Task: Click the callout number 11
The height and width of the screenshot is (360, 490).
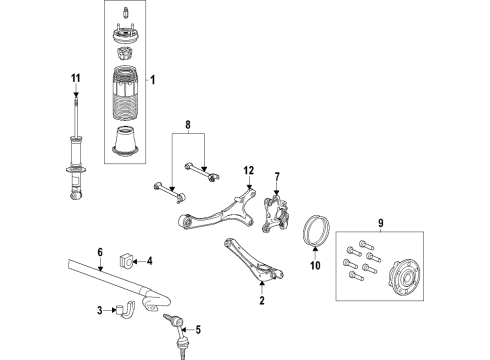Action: pos(74,78)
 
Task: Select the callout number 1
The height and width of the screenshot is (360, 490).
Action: pos(153,80)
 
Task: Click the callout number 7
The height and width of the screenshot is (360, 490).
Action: pos(278,178)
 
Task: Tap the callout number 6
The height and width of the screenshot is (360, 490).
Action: pos(100,252)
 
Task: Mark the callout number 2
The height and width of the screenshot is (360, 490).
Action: pos(262,299)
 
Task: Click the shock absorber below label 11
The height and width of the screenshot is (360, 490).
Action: pos(74,150)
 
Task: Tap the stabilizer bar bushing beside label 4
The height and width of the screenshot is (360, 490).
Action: pos(127,262)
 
